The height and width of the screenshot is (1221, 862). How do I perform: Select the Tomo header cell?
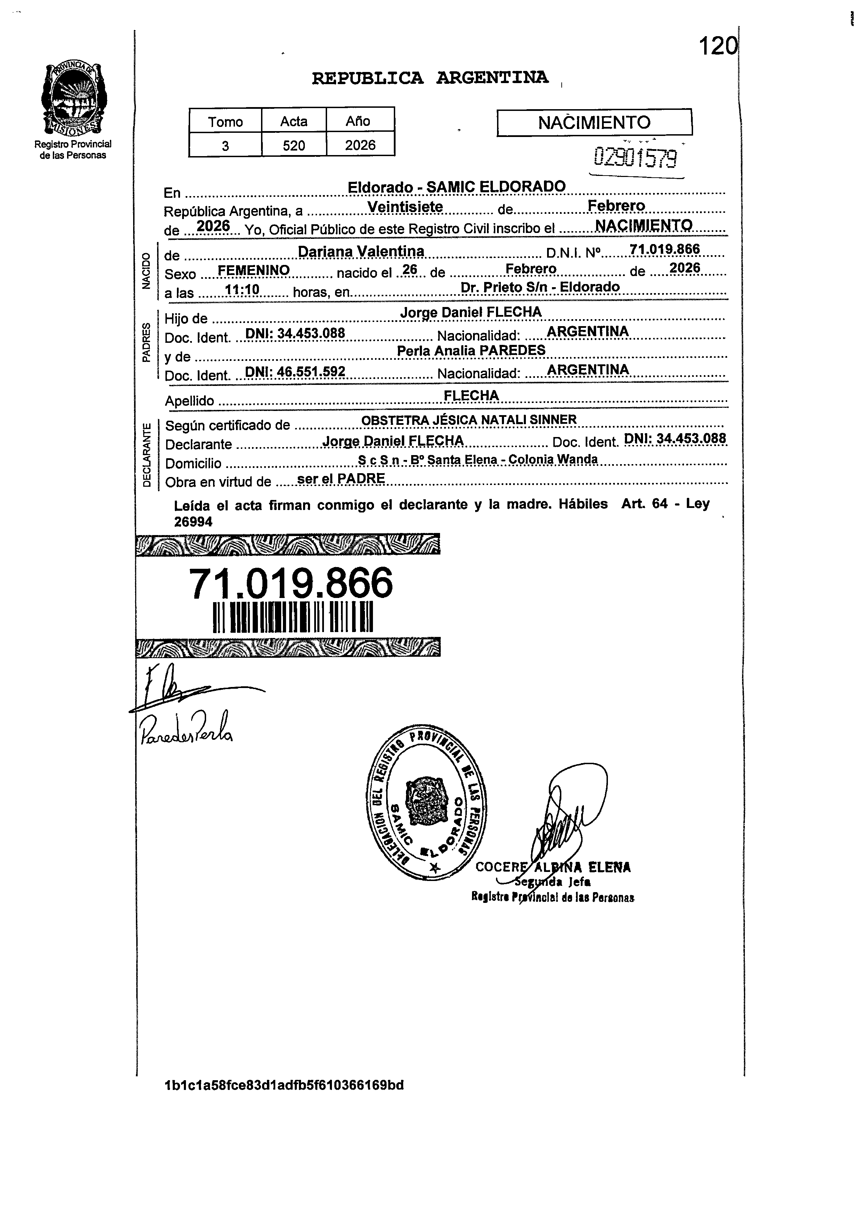226,122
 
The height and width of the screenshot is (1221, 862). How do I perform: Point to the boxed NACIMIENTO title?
594,123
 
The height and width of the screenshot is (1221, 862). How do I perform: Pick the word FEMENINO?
254,270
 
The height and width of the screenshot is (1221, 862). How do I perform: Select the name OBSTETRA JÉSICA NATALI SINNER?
469,420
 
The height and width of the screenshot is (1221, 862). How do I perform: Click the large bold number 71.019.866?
291,583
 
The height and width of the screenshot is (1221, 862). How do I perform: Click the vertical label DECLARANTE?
147,455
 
